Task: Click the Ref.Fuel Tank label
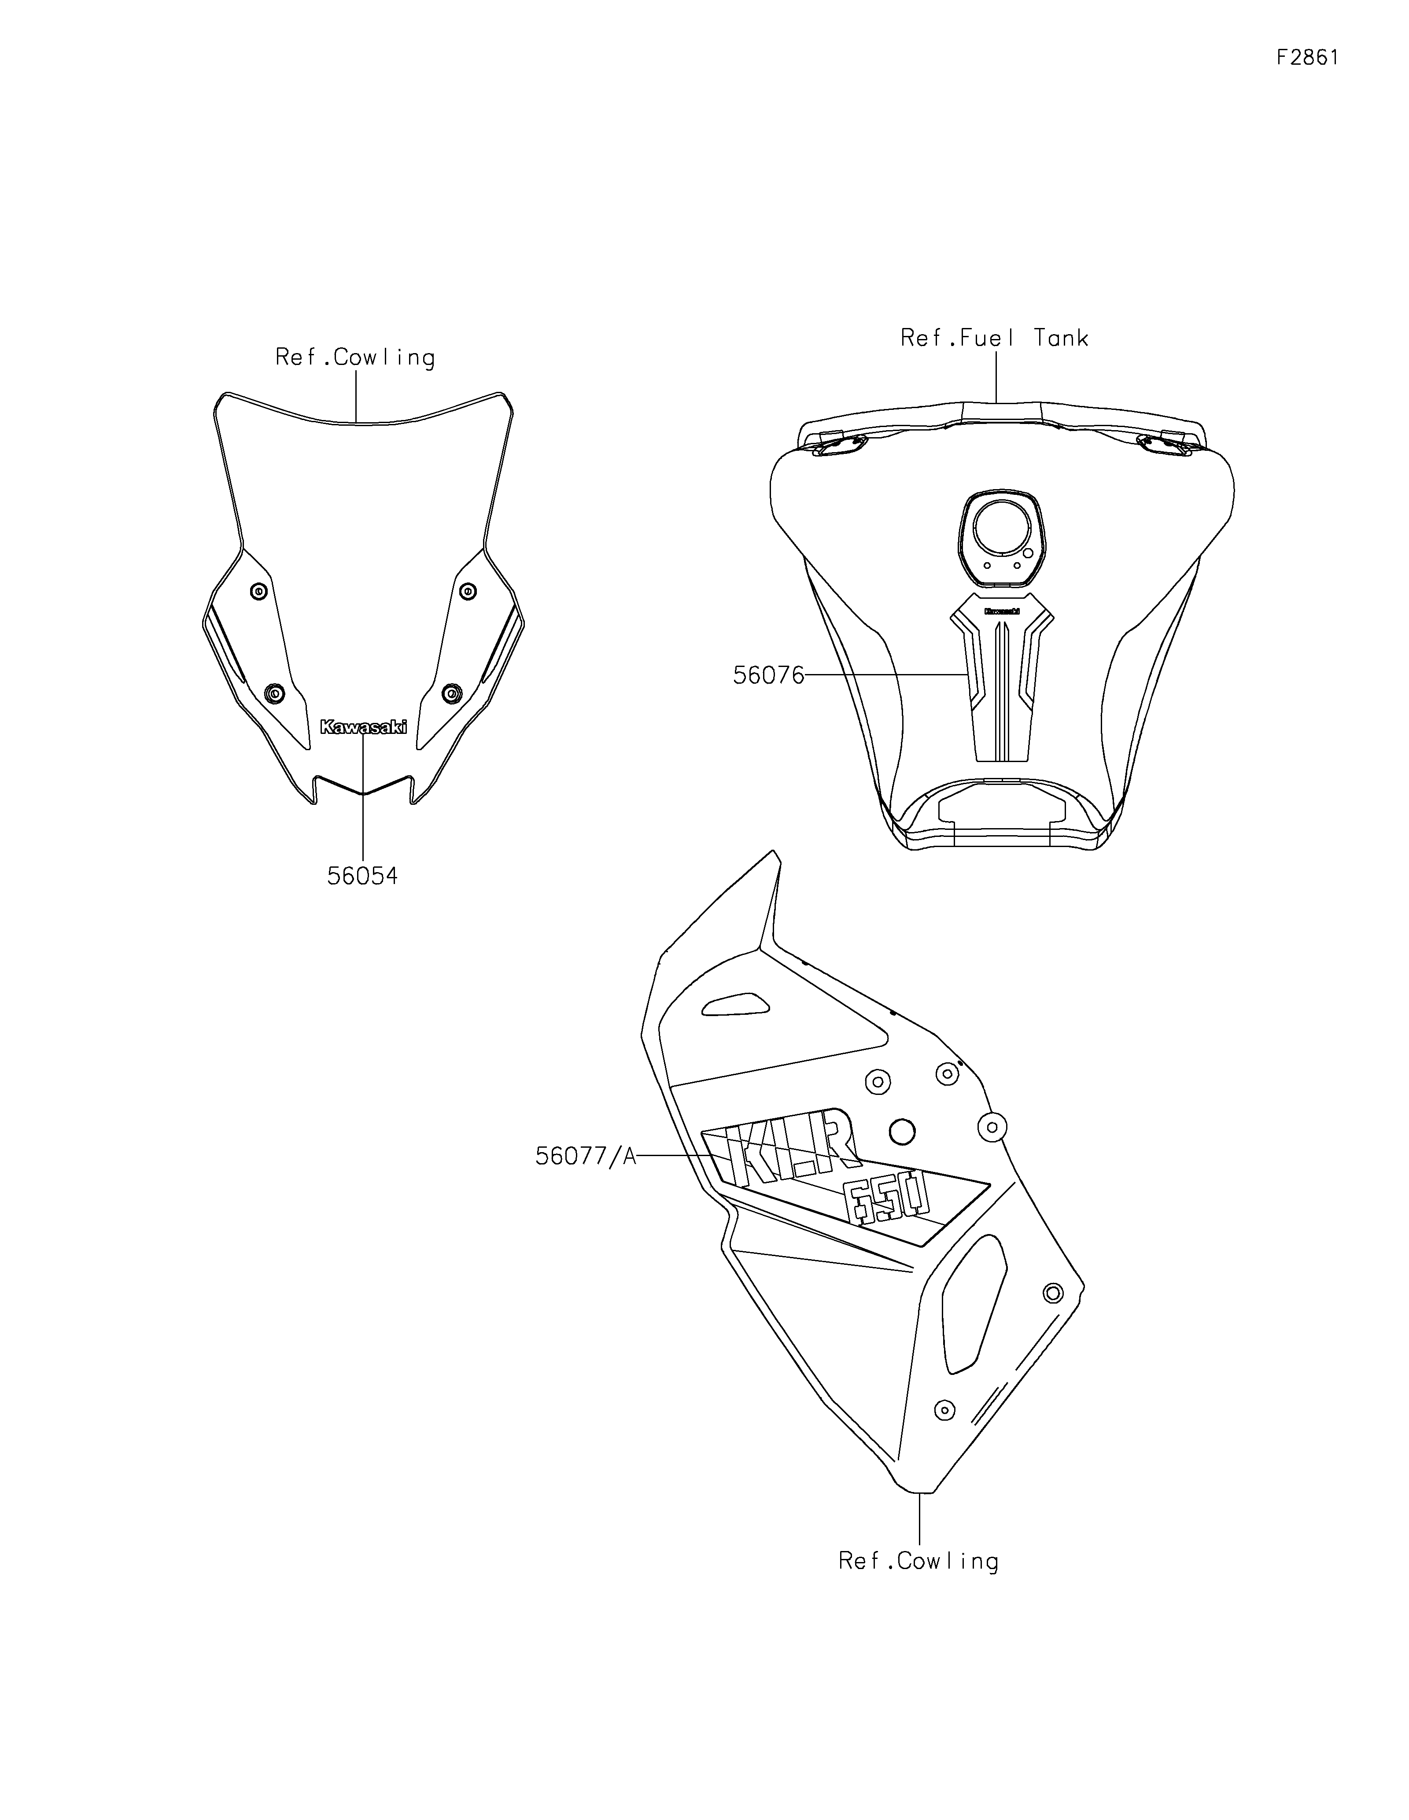994,338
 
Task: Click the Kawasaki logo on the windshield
363,727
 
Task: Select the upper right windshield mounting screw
468,592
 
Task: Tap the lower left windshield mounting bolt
274,693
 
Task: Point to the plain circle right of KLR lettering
902,1131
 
